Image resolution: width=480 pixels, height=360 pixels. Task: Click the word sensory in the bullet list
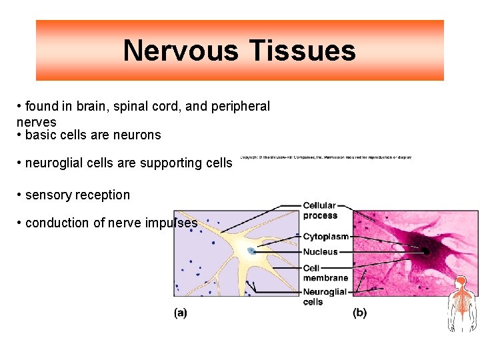[x=48, y=195]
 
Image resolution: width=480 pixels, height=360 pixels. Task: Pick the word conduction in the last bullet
[x=57, y=223]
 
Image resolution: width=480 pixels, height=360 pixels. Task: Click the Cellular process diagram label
[x=320, y=211]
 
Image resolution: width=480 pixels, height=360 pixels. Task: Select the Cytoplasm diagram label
[x=326, y=237]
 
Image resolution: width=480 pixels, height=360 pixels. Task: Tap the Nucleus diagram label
[x=321, y=252]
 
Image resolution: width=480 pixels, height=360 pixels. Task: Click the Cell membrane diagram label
[x=325, y=273]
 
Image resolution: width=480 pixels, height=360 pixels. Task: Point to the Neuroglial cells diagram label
[x=325, y=297]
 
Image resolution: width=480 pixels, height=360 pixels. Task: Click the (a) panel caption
[x=180, y=313]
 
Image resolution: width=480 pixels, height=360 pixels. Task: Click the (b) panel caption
[x=359, y=313]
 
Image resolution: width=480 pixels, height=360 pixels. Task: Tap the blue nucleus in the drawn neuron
[x=251, y=251]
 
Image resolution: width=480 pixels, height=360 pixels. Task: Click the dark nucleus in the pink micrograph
[x=425, y=250]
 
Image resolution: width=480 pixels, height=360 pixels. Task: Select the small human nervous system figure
[x=461, y=303]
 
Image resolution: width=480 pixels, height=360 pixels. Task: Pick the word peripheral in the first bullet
[x=241, y=107]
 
